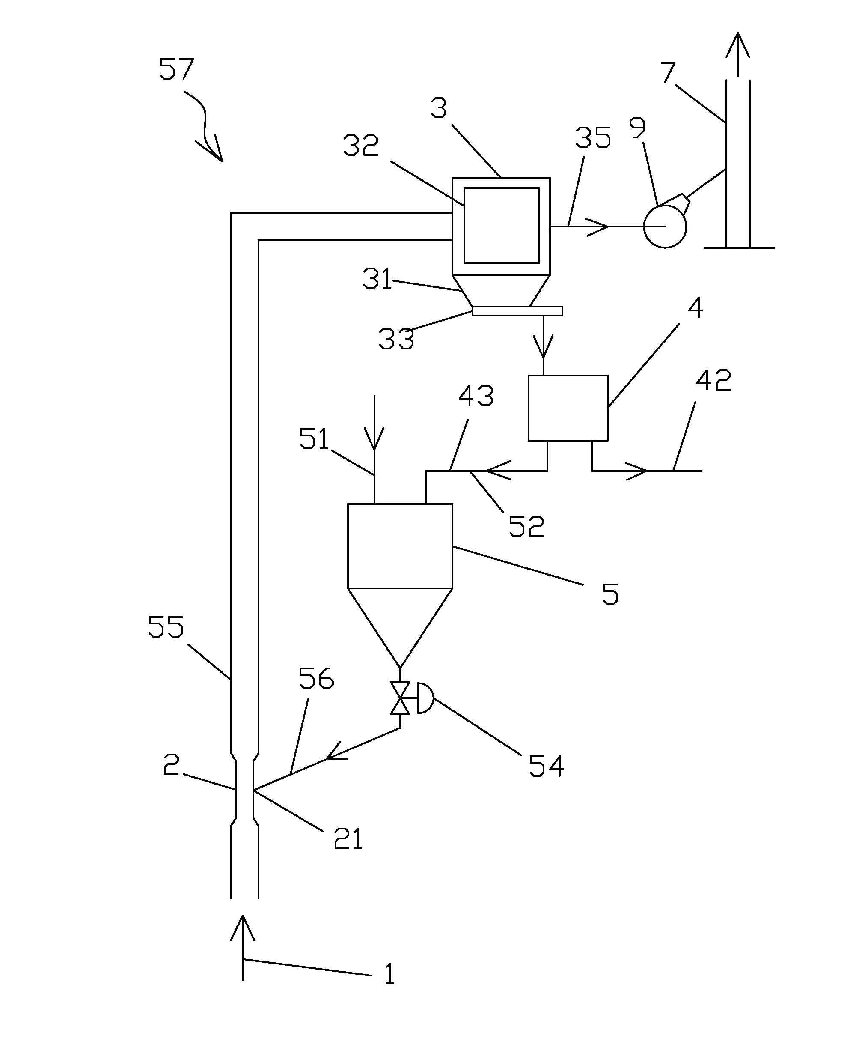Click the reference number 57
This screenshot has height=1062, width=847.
[176, 69]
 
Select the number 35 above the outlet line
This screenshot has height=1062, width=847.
[593, 138]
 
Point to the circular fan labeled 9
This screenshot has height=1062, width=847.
[665, 227]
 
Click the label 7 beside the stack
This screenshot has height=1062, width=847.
[668, 73]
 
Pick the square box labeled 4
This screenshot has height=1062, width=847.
[568, 408]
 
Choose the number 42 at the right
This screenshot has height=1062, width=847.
[713, 380]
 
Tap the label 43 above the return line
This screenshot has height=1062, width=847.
[476, 396]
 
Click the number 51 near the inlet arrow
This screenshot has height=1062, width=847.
[314, 439]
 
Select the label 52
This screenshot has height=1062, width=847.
[526, 527]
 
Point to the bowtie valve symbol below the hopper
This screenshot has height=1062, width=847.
[400, 698]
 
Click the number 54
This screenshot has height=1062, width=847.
[546, 767]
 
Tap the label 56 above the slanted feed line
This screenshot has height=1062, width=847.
[316, 678]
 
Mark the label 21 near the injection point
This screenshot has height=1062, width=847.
[348, 839]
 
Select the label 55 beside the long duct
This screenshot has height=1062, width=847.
[166, 627]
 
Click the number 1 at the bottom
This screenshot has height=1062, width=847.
[389, 974]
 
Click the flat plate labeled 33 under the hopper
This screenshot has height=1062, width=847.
[517, 311]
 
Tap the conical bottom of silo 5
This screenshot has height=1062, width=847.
[400, 620]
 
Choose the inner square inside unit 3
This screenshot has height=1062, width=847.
[501, 226]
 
